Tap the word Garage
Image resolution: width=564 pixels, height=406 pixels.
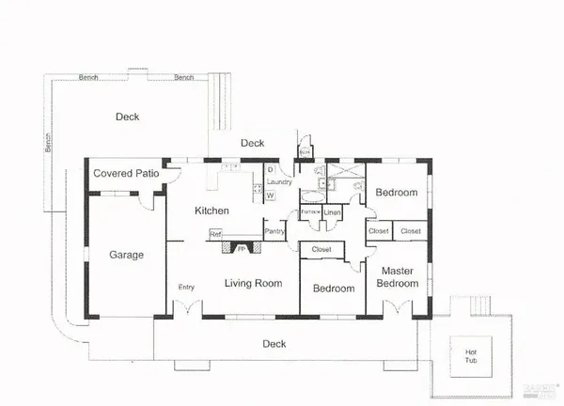point(125,254)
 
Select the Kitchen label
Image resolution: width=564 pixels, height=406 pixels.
point(212,211)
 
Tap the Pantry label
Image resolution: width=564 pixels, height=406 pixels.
point(274,231)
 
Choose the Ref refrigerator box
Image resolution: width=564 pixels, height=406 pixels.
point(215,233)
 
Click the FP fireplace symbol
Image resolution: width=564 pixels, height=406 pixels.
point(241,250)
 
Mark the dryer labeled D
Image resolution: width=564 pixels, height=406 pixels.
point(270,170)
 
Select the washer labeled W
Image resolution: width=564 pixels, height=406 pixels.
point(270,195)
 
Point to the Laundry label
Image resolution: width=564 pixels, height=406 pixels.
point(280,182)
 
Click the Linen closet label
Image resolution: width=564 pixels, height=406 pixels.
point(332,213)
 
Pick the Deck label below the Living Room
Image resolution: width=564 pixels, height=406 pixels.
point(274,344)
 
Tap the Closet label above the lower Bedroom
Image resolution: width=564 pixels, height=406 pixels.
point(321,249)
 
